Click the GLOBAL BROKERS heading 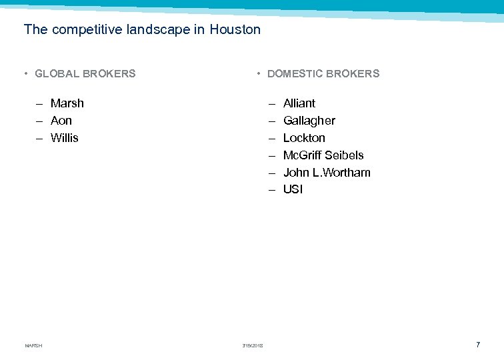point(85,74)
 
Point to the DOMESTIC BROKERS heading point(323,74)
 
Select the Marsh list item point(67,103)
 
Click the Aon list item point(61,121)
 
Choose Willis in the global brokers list point(65,138)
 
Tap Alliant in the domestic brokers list point(299,103)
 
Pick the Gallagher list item point(309,121)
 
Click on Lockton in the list point(304,138)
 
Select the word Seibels point(344,155)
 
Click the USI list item point(293,189)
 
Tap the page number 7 point(478,345)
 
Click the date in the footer point(253,345)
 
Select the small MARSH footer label point(33,345)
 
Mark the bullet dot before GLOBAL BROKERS point(25,74)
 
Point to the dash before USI point(272,190)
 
